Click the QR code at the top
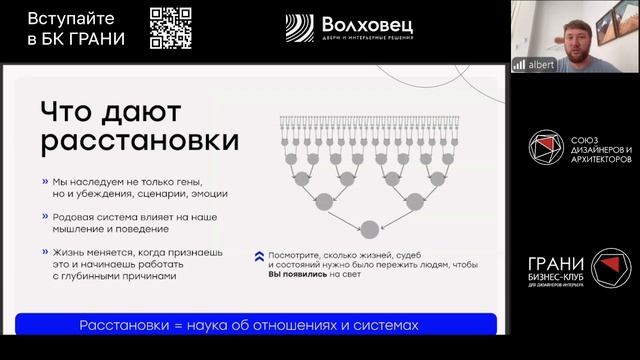[x=171, y=27]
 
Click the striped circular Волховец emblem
[x=299, y=28]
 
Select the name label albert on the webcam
[x=540, y=63]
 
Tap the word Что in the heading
[x=73, y=109]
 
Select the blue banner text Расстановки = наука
[x=247, y=326]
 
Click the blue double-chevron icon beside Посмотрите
[x=259, y=255]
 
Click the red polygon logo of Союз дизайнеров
[x=547, y=146]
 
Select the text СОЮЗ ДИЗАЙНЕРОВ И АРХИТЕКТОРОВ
[x=599, y=146]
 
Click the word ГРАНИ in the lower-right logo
[x=555, y=265]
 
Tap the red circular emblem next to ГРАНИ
[x=611, y=269]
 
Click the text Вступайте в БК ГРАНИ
[x=71, y=27]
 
